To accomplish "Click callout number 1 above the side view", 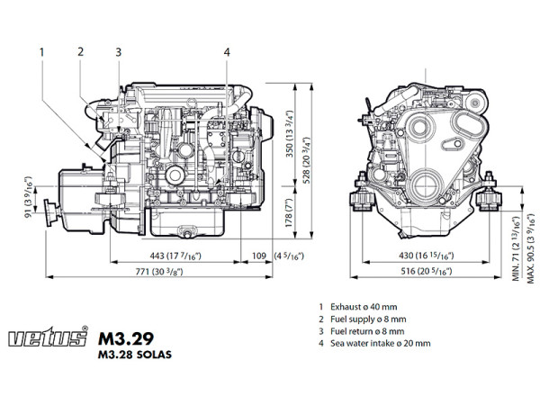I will tap(40, 51).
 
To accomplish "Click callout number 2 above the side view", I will tap(80, 51).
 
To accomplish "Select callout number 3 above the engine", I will tap(118, 51).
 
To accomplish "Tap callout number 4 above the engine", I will tap(226, 51).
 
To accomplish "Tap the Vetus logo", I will tap(46, 339).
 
